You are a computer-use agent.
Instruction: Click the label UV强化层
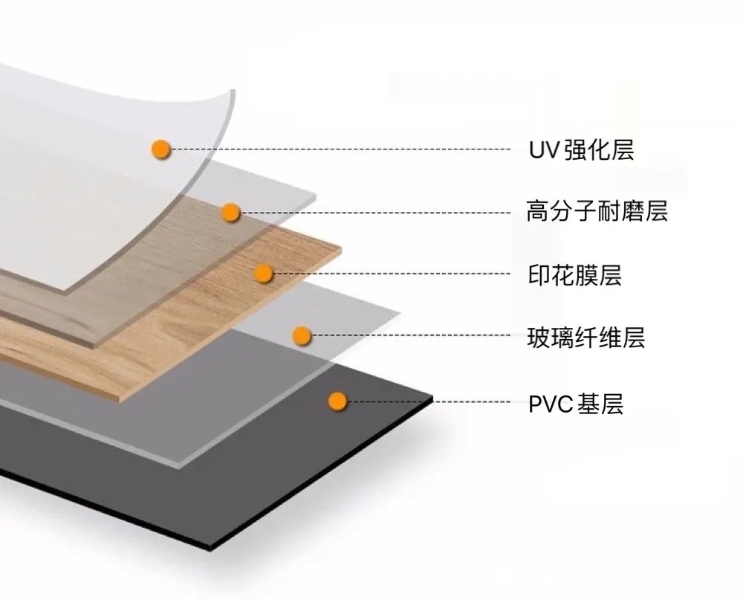(581, 150)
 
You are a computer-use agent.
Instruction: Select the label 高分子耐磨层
(597, 212)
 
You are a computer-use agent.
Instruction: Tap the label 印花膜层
(574, 275)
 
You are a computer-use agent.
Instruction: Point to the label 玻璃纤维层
(586, 338)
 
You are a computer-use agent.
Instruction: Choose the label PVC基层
(576, 404)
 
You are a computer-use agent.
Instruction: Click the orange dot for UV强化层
(160, 149)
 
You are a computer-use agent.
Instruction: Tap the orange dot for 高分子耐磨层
(231, 213)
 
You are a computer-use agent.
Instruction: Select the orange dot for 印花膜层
(264, 274)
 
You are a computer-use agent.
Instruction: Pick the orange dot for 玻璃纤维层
(301, 336)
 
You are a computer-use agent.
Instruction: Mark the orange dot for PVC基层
(338, 402)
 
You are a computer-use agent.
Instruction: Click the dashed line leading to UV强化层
(342, 149)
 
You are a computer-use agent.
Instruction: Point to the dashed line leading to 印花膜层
(394, 274)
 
